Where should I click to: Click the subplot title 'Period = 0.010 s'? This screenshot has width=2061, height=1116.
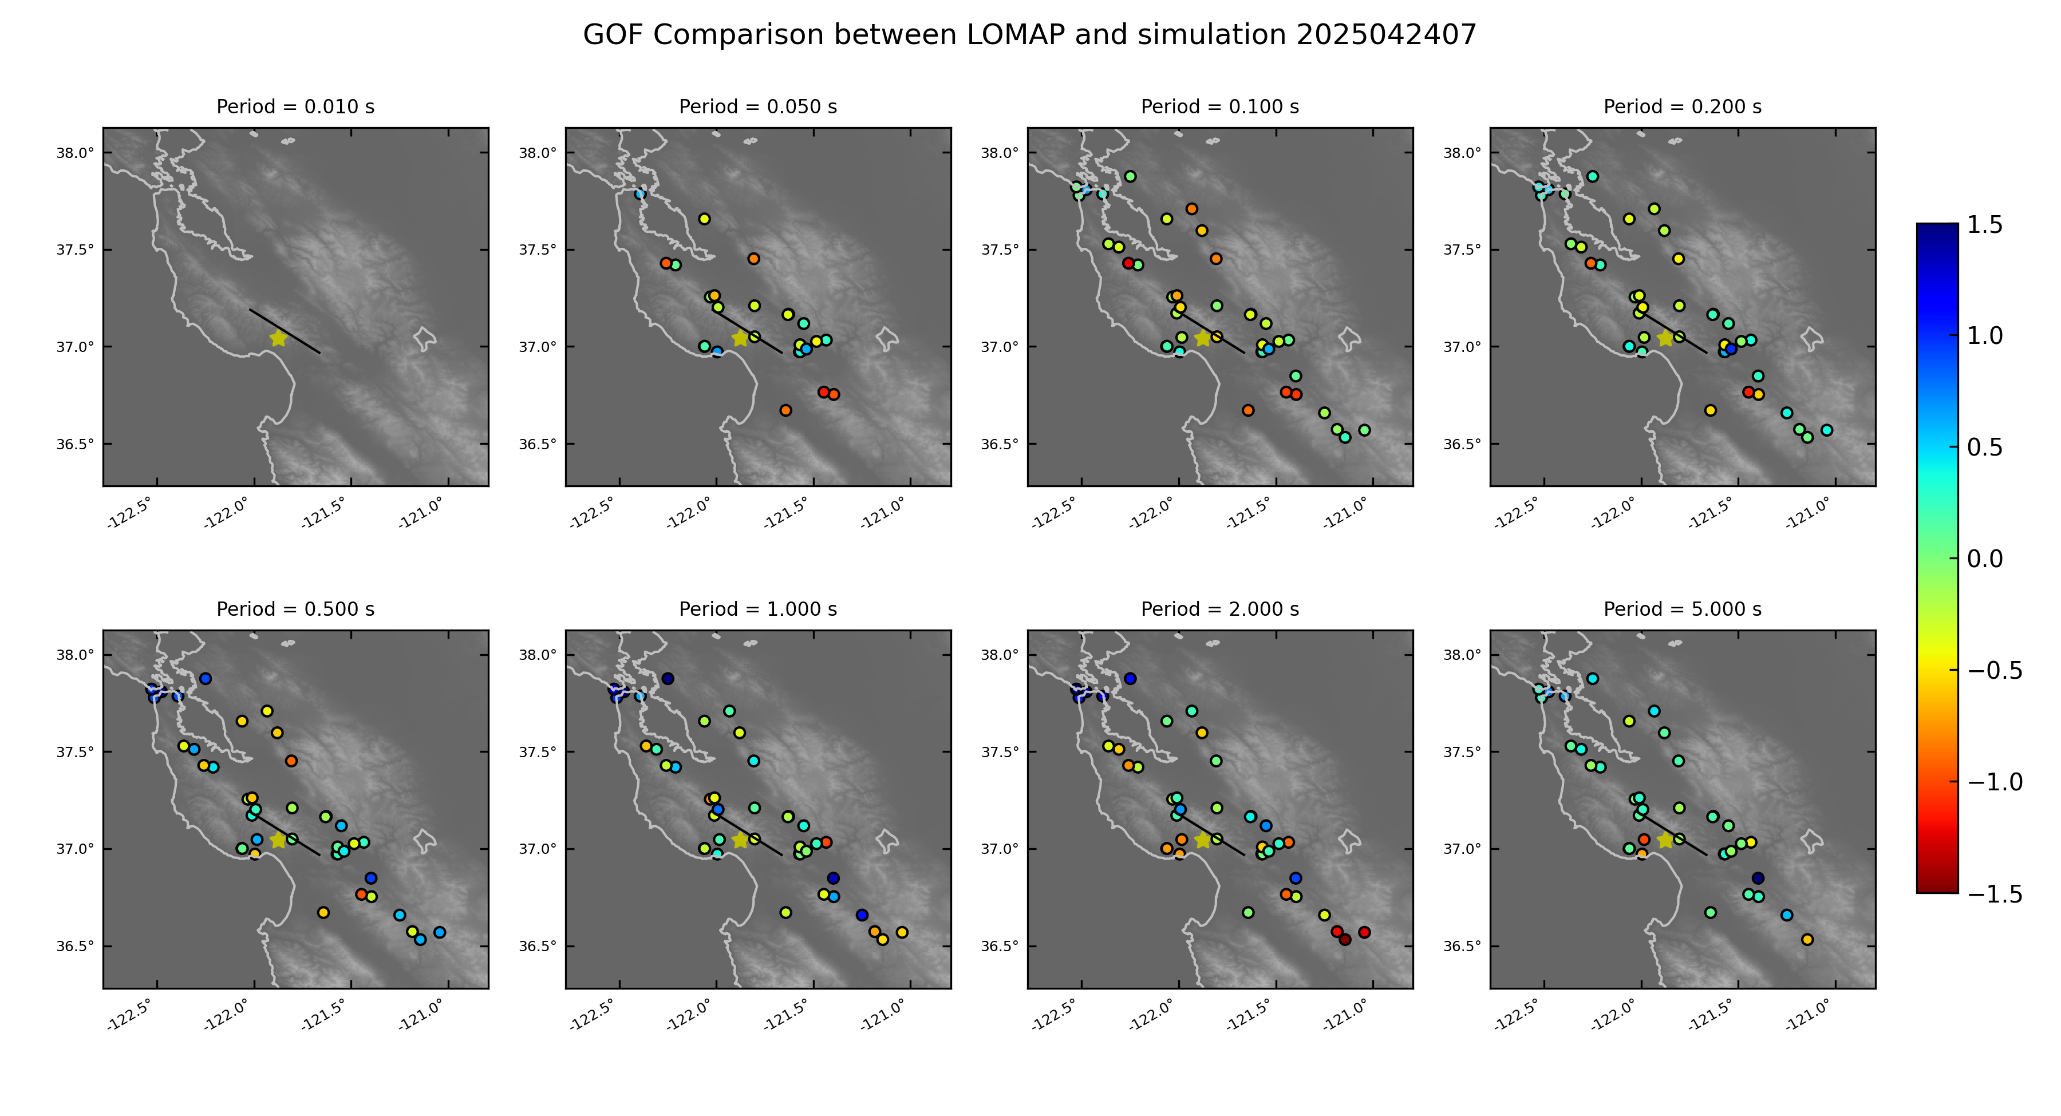[295, 107]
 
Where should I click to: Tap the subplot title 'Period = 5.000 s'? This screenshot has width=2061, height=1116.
[1682, 610]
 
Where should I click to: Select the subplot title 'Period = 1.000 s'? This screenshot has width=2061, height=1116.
[757, 610]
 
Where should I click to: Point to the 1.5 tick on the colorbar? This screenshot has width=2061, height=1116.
[1984, 225]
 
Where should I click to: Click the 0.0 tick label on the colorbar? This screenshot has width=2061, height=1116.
[1984, 559]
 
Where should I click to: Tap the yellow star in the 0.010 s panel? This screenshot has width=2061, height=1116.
[278, 338]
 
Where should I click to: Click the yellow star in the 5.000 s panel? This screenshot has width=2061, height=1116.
[1665, 841]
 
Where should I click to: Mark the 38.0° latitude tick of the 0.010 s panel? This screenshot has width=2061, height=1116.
[74, 153]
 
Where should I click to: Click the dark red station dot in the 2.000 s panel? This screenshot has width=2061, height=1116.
[1345, 939]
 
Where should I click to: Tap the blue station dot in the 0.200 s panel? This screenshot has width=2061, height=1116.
[1731, 349]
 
